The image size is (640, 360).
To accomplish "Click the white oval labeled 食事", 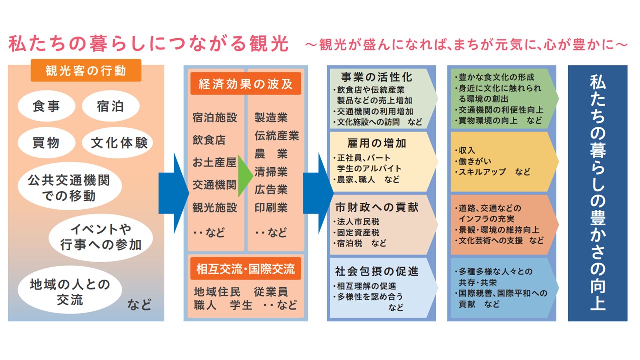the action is [46, 106].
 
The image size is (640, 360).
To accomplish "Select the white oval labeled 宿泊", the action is [111, 106].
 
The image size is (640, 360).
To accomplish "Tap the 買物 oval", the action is [46, 143].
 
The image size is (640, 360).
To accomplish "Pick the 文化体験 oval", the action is [117, 143].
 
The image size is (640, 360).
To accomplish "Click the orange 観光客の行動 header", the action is [86, 70].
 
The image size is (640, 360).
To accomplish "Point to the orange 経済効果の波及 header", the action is [246, 83].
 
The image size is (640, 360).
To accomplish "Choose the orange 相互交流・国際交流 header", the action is [246, 269].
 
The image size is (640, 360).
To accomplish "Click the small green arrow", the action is [245, 176].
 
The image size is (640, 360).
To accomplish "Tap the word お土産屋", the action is [214, 162].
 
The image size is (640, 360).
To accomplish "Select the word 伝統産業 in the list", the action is [277, 136].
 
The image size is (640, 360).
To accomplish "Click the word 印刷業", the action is [271, 207].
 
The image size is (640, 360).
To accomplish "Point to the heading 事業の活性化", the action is [377, 77].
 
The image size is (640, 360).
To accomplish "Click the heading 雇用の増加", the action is [377, 143].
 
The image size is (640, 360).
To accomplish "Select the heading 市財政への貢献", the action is [377, 207].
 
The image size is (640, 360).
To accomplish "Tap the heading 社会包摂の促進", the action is [377, 271].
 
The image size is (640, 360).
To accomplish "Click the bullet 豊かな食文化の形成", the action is [496, 77].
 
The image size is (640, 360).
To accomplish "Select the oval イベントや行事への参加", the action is [101, 237].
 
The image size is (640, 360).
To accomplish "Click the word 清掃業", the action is [271, 172].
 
